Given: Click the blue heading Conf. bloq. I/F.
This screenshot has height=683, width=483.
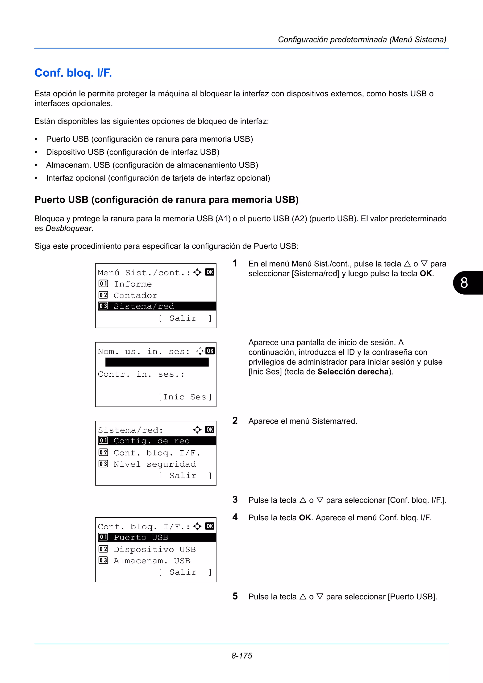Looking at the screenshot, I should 73,73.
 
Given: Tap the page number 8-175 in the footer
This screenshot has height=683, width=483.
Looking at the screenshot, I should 242,656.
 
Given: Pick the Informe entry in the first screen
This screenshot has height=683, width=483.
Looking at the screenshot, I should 133,284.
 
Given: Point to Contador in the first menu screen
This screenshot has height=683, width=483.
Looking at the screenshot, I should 135,295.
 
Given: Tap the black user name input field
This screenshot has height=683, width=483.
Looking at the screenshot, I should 157,362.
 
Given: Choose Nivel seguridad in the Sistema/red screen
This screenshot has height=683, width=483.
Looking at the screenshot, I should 154,464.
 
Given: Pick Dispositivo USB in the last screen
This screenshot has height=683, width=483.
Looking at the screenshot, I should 154,549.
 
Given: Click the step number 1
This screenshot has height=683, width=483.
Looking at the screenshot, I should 235,263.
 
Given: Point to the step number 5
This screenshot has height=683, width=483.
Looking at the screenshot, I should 235,596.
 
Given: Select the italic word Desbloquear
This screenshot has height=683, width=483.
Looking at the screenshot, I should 68,228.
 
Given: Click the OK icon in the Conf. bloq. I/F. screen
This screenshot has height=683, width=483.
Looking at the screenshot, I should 209,526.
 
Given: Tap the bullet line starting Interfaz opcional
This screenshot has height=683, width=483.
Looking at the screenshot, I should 158,178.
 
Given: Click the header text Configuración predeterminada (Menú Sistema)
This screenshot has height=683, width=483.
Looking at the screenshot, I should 362,40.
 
